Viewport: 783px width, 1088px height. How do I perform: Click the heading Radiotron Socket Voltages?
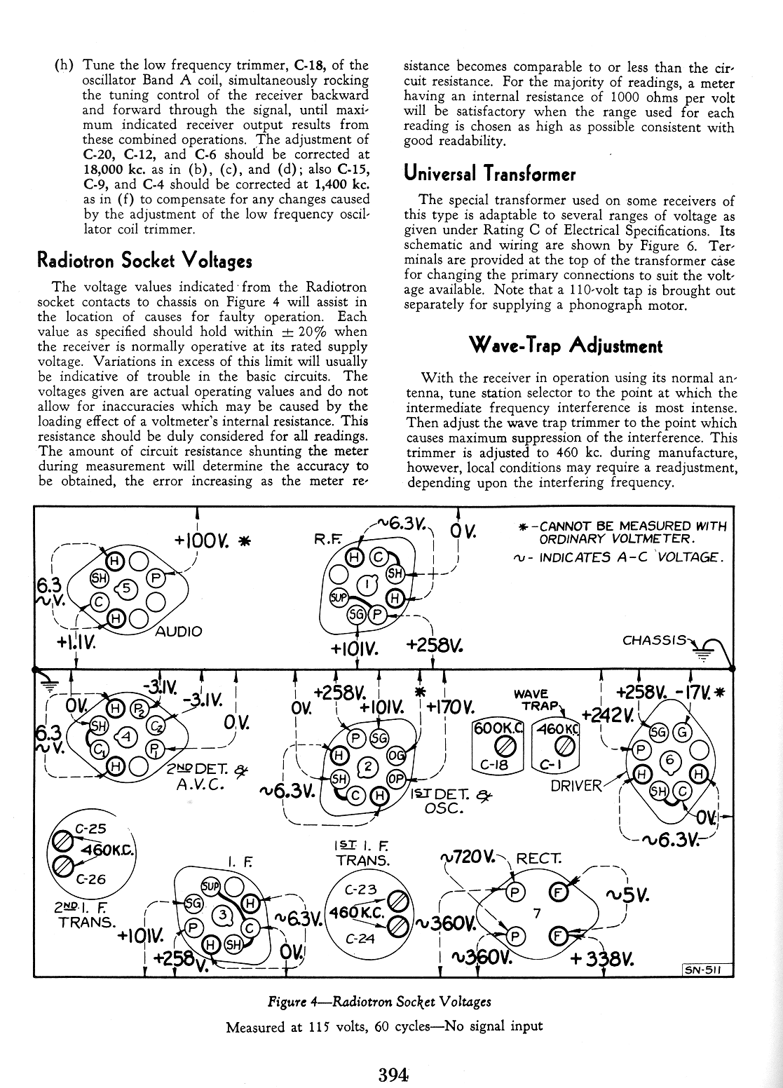pyautogui.click(x=144, y=261)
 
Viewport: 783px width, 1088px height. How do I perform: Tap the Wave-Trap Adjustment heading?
pyautogui.click(x=565, y=345)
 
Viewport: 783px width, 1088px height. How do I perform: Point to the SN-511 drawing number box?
pyautogui.click(x=707, y=970)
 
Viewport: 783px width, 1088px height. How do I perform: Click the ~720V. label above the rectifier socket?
pyautogui.click(x=467, y=857)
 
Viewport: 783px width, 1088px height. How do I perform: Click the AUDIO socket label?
pyautogui.click(x=178, y=631)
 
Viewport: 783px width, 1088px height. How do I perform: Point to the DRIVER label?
pyautogui.click(x=576, y=785)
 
